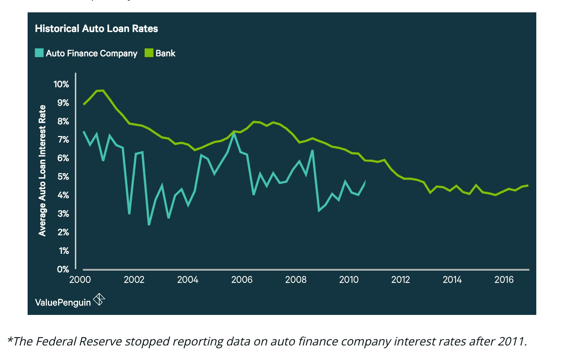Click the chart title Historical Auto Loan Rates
click(96, 29)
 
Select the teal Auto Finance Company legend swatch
click(39, 53)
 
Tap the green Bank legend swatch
click(149, 53)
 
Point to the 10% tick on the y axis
click(61, 84)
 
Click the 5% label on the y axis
click(63, 177)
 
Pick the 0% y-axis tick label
click(63, 269)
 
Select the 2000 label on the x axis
click(80, 280)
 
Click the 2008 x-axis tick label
click(296, 280)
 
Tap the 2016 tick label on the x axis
click(504, 280)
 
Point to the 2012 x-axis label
click(401, 280)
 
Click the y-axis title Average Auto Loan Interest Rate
click(42, 171)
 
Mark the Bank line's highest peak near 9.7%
click(103, 90)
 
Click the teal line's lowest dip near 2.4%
click(149, 224)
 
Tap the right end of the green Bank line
click(528, 185)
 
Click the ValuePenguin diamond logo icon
click(99, 299)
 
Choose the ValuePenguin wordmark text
click(63, 303)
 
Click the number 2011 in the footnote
click(511, 341)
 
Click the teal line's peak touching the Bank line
click(234, 133)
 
